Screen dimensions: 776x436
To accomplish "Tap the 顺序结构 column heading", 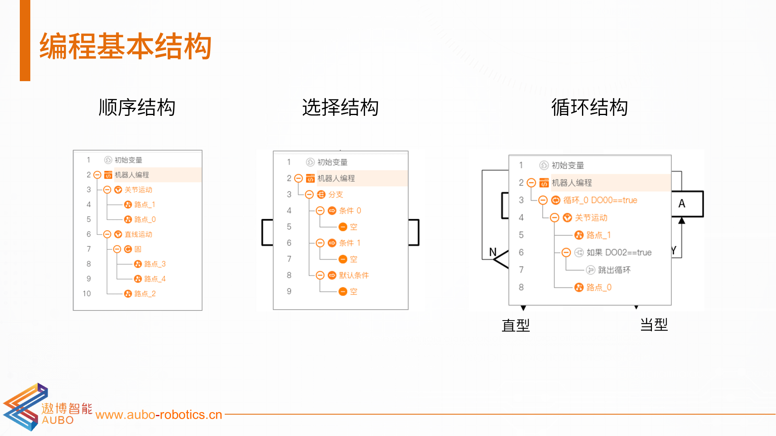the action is coord(137,107).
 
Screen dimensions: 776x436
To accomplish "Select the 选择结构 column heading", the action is coord(340,107).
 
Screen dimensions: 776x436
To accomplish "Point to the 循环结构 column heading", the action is coord(589,107).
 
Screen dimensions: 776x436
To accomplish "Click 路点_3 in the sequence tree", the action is coord(155,264).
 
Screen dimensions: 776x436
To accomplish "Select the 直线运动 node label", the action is coord(138,235).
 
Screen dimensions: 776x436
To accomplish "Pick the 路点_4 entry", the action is coord(155,279).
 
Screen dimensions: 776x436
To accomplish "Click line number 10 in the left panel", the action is coord(87,293).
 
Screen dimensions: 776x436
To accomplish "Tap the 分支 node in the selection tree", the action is coord(335,195).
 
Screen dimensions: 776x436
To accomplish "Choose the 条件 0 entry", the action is coord(350,211).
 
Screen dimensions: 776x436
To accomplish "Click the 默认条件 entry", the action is coord(354,275).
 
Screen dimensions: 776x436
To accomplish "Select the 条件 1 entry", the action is coord(350,243).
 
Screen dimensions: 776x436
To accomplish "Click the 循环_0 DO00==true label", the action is coord(600,200).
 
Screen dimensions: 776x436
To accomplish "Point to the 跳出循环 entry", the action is coord(614,270).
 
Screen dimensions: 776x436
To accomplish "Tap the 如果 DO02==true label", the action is coord(619,253).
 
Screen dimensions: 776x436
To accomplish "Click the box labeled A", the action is coord(687,204).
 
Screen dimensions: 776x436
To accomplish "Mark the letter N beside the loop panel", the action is coord(493,252).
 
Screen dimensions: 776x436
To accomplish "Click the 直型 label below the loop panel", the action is coord(516,325).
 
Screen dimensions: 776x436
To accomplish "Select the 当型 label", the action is coord(654,325).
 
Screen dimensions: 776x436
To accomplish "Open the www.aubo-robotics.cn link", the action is coord(159,415).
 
